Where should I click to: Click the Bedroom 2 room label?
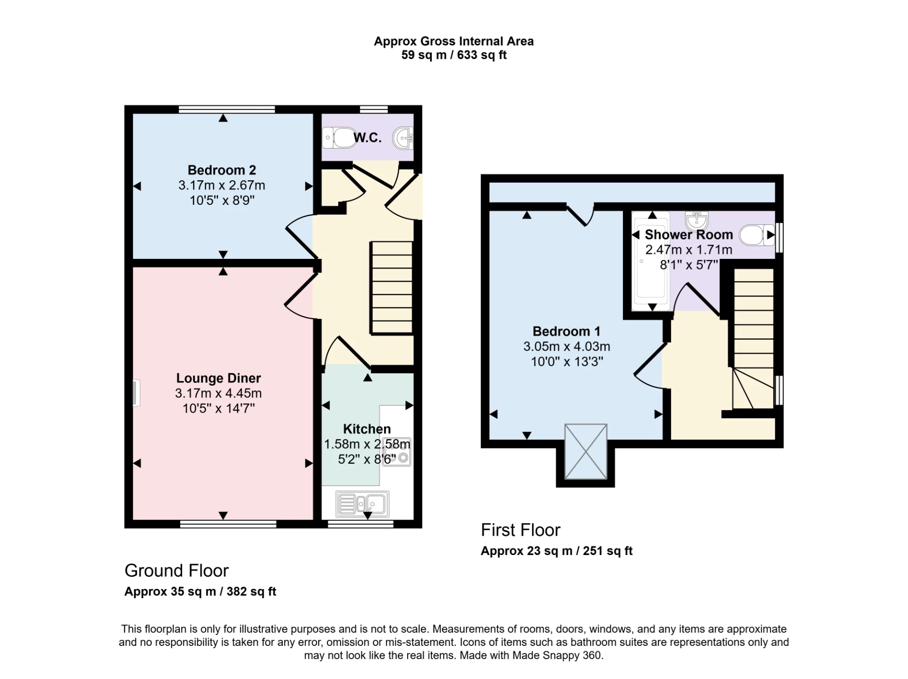(222, 170)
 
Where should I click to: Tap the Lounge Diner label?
(218, 378)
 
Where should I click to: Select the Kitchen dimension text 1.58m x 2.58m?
(367, 444)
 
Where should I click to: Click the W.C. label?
(367, 138)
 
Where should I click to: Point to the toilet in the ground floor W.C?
(340, 138)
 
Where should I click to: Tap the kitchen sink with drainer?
(362, 503)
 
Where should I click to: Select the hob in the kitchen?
(397, 451)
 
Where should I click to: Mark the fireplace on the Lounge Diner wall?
(136, 393)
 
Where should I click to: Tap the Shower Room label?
(689, 235)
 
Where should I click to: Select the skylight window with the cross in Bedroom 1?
(585, 451)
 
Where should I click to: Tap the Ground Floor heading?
(176, 571)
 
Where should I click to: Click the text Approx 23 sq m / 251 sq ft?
(557, 551)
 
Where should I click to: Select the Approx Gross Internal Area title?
(454, 42)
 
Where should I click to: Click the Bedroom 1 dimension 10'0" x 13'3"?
(567, 362)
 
